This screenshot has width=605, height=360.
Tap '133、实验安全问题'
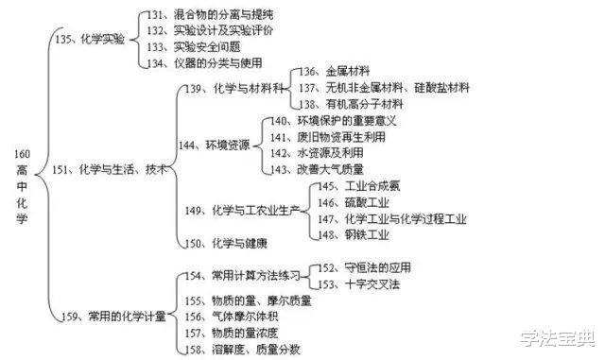(199, 47)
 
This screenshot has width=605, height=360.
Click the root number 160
(22, 154)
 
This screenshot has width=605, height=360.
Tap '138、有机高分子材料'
(351, 104)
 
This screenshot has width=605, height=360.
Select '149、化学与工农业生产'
(245, 210)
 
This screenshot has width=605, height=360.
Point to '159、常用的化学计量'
(113, 316)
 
